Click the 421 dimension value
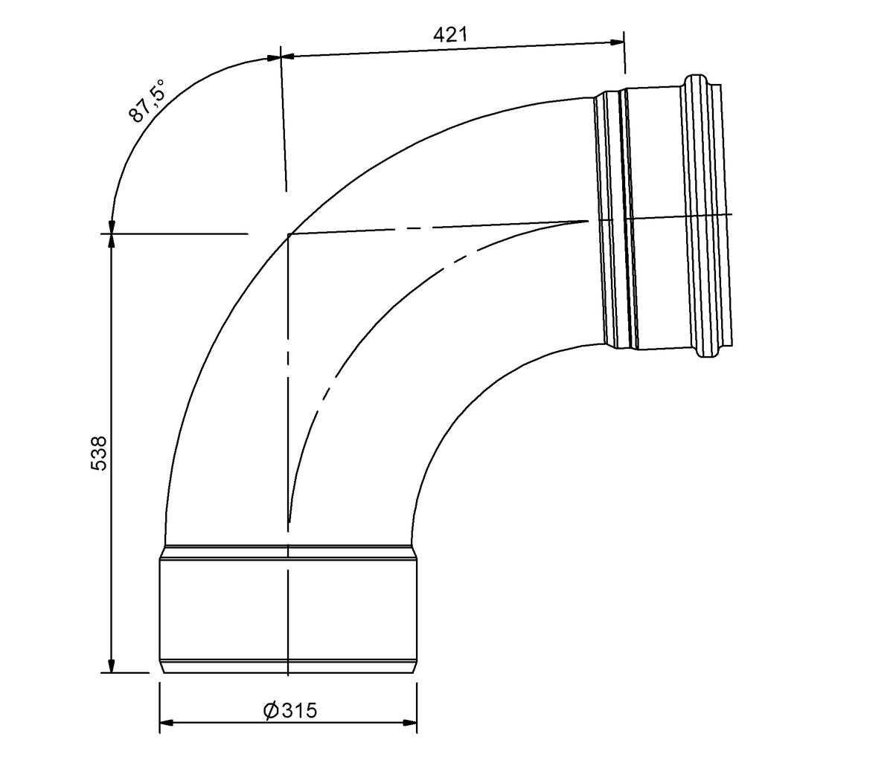coord(450,34)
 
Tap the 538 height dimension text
coord(99,453)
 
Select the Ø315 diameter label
coord(290,710)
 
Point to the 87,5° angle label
coord(147,100)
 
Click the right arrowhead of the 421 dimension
coord(617,42)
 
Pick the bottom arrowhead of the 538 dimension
coord(112,666)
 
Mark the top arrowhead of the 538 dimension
coord(112,242)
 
